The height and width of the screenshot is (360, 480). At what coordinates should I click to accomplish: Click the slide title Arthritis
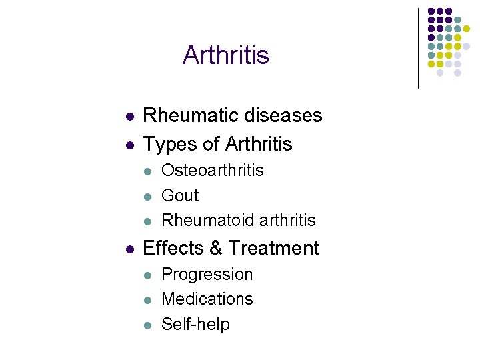[225, 55]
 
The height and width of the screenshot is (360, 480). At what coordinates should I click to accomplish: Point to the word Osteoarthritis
[213, 170]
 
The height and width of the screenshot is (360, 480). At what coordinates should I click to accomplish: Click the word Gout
[180, 195]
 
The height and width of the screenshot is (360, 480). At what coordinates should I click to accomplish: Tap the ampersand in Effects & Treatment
[215, 248]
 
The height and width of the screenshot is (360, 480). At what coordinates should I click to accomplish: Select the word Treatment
[273, 248]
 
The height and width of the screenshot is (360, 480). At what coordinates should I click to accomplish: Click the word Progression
[207, 274]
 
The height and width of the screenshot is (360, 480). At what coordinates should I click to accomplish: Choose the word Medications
[207, 299]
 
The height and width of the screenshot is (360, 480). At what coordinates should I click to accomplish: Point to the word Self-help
[195, 324]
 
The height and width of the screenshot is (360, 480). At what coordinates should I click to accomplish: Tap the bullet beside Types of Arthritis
[131, 145]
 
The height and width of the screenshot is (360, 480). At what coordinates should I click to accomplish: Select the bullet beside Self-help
[149, 325]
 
